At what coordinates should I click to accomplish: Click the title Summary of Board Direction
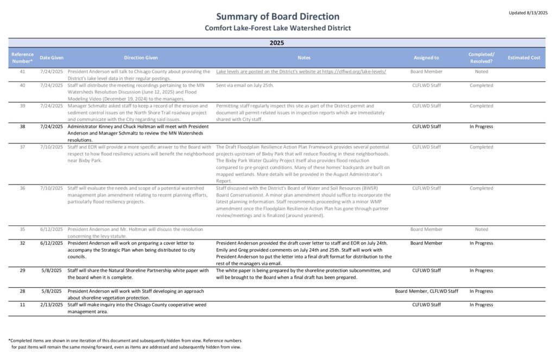(277, 16)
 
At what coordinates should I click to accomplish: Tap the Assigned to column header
(426, 58)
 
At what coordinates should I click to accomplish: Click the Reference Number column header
(22, 58)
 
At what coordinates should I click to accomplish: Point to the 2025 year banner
(277, 42)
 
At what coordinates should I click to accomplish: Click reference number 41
(22, 72)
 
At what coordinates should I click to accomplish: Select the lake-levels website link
(301, 72)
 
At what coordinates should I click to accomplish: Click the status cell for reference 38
(481, 127)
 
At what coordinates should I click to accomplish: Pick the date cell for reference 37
(52, 147)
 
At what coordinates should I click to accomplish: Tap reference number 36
(22, 188)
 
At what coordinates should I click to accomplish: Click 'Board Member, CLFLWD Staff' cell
(426, 291)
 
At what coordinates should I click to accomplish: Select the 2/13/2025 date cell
(52, 305)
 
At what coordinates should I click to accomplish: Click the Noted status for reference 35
(481, 230)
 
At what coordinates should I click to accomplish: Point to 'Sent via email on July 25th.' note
(245, 86)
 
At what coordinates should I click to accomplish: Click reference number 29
(22, 270)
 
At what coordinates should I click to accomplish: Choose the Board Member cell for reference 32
(426, 243)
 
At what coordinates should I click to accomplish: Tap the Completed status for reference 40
(481, 86)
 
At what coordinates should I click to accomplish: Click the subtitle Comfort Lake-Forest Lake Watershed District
(277, 28)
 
